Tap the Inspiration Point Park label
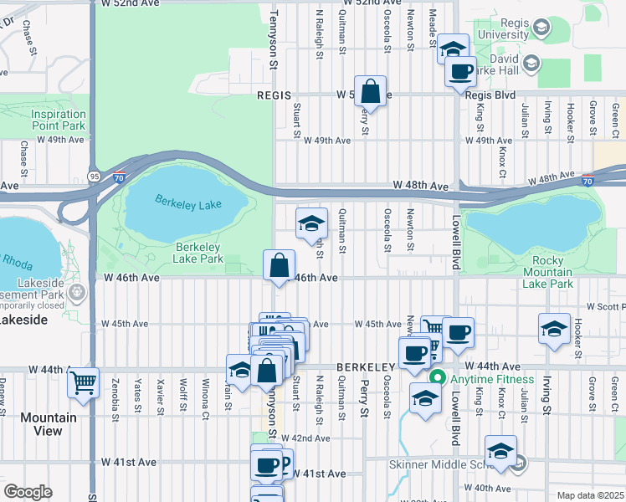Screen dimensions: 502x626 59,120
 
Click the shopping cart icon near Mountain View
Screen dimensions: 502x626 84,384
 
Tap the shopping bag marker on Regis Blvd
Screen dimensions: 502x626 370,91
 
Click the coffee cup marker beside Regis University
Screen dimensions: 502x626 459,72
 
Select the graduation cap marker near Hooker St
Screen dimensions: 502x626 554,329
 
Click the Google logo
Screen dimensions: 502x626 28,491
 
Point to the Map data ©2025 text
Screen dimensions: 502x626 590,495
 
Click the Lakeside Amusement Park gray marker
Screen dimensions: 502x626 77,293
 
